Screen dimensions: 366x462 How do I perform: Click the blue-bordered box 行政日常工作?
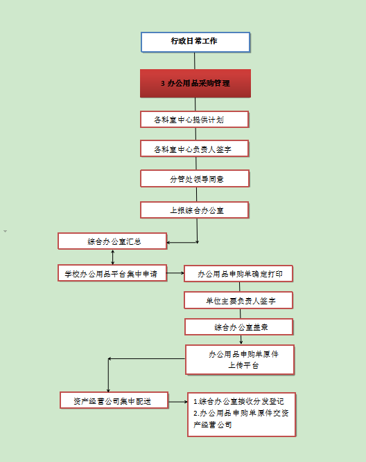[195, 42]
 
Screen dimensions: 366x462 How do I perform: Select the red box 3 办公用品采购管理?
[195, 84]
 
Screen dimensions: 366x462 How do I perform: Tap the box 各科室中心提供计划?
[195, 120]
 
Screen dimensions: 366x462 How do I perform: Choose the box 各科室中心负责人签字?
[195, 149]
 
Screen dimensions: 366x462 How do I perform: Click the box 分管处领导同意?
[195, 178]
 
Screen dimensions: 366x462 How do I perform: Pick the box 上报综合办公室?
[195, 210]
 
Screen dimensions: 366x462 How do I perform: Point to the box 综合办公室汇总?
[112, 241]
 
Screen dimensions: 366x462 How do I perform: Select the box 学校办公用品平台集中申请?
[112, 273]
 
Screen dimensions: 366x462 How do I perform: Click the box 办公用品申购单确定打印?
[238, 274]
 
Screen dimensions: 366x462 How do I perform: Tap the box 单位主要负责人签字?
[238, 301]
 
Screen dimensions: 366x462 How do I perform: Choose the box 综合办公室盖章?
[239, 327]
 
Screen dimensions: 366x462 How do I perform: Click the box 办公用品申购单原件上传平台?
[240, 360]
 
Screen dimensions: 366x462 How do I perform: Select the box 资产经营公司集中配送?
[114, 400]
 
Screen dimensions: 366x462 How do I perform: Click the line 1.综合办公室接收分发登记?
[238, 401]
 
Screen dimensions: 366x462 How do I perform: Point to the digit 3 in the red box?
[163, 84]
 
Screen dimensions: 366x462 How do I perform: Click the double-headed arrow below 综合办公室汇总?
[112, 257]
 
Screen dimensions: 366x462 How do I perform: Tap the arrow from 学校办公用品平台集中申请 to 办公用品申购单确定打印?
[175, 273]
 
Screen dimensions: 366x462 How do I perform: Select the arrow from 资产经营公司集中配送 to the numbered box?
[178, 402]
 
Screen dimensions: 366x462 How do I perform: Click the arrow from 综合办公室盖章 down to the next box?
[241, 340]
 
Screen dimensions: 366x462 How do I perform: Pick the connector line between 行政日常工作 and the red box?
[195, 61]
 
